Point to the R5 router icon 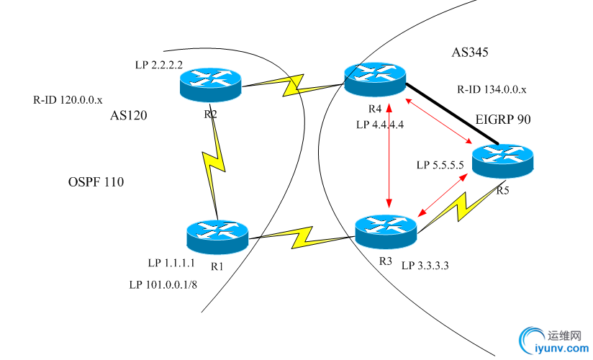point(502,161)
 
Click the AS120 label point(129,115)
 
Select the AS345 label point(471,53)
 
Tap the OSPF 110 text point(91,183)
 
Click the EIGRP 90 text point(503,120)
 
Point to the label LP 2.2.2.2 point(159,65)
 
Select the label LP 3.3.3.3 point(425,266)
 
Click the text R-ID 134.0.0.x point(492,90)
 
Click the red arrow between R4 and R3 point(389,155)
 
